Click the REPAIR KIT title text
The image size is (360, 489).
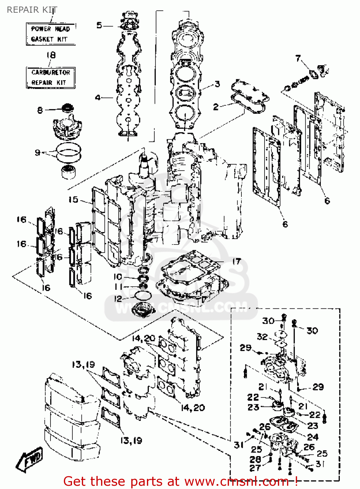tap(32, 10)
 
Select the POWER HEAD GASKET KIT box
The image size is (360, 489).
tap(50, 34)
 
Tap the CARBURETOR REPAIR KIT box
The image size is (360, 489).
tap(50, 78)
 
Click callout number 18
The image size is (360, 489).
tap(51, 55)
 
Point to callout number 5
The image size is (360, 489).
tap(99, 25)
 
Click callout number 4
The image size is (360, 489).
tap(98, 97)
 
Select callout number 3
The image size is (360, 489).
tap(217, 84)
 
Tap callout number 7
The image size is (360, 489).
tap(298, 58)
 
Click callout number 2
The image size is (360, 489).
tap(216, 107)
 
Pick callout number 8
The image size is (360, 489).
tap(40, 110)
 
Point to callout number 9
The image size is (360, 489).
tap(38, 152)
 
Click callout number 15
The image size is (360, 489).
tap(73, 199)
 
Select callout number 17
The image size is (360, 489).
tap(237, 261)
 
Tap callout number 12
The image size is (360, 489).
tap(118, 299)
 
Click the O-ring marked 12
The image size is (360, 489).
tap(143, 296)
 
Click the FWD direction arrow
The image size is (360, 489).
tap(29, 460)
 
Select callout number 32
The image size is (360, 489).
tap(262, 336)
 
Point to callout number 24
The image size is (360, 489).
tap(313, 437)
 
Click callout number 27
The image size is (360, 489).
tap(255, 468)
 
